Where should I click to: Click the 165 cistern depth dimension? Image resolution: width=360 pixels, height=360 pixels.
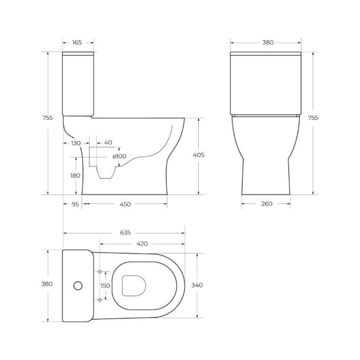pyautogui.click(x=77, y=43)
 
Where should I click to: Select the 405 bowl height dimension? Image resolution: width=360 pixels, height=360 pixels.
pyautogui.click(x=199, y=155)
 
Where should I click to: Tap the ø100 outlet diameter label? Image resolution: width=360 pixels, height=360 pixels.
pyautogui.click(x=120, y=156)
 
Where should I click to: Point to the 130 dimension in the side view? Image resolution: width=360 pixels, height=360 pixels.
pyautogui.click(x=76, y=143)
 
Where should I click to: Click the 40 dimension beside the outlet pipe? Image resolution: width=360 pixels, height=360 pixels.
pyautogui.click(x=108, y=143)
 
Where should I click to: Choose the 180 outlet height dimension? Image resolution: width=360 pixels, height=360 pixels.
pyautogui.click(x=75, y=175)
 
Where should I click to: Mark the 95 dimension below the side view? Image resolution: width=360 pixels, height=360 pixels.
pyautogui.click(x=75, y=204)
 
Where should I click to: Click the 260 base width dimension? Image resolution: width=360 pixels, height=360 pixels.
pyautogui.click(x=267, y=204)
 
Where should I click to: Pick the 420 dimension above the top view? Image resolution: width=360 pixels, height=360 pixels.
pyautogui.click(x=142, y=244)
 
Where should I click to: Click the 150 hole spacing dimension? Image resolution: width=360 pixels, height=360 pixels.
pyautogui.click(x=105, y=286)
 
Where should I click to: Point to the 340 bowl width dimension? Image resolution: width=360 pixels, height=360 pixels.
pyautogui.click(x=197, y=285)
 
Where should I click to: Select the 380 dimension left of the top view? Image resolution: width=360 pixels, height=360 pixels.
pyautogui.click(x=47, y=284)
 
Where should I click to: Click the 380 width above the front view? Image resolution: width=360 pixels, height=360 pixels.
pyautogui.click(x=268, y=42)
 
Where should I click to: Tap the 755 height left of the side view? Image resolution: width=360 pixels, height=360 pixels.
pyautogui.click(x=47, y=117)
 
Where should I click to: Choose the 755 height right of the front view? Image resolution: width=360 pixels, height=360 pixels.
pyautogui.click(x=312, y=117)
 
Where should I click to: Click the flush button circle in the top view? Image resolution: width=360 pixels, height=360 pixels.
pyautogui.click(x=78, y=286)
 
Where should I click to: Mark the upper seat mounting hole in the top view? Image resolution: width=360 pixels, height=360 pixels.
pyautogui.click(x=100, y=272)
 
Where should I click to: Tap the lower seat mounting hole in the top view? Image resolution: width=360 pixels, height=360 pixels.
pyautogui.click(x=100, y=300)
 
